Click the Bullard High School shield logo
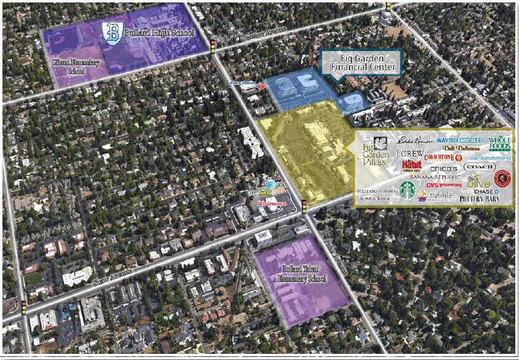coord(112,31)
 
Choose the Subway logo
coord(260,192)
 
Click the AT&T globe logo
coord(268,183)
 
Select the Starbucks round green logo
coord(407,190)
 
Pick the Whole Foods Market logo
coord(500,143)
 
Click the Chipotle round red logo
coord(503,179)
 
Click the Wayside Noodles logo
coord(460,140)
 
